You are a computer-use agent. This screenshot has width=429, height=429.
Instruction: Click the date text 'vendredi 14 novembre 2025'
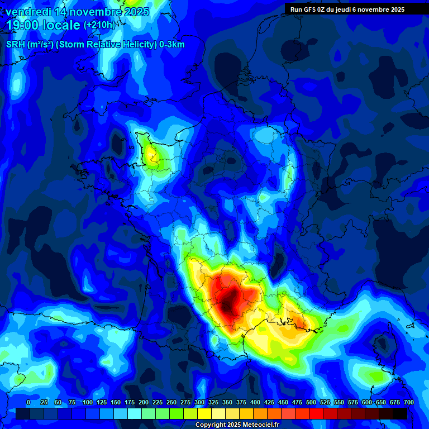pyautogui.click(x=77, y=12)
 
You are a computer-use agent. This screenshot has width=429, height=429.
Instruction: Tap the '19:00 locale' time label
pyautogui.click(x=43, y=25)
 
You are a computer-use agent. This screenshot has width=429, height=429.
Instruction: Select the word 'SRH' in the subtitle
pyautogui.click(x=16, y=45)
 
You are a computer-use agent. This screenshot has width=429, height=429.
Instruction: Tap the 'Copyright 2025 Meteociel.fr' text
pyautogui.click(x=237, y=425)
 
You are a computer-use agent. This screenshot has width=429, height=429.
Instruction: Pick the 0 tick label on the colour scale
pyautogui.click(x=28, y=402)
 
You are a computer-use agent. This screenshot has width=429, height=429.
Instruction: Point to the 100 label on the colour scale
pyautogui.click(x=87, y=402)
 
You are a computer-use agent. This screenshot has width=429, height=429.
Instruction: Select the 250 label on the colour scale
pyautogui.click(x=171, y=402)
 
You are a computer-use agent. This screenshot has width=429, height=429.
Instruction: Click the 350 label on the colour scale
pyautogui.click(x=227, y=402)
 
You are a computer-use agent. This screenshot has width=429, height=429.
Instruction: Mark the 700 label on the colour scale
pyautogui.click(x=408, y=402)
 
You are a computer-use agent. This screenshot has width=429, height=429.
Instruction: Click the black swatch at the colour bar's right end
pyautogui.click(x=400, y=413)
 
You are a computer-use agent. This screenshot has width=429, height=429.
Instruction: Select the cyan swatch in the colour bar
pyautogui.click(x=135, y=413)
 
